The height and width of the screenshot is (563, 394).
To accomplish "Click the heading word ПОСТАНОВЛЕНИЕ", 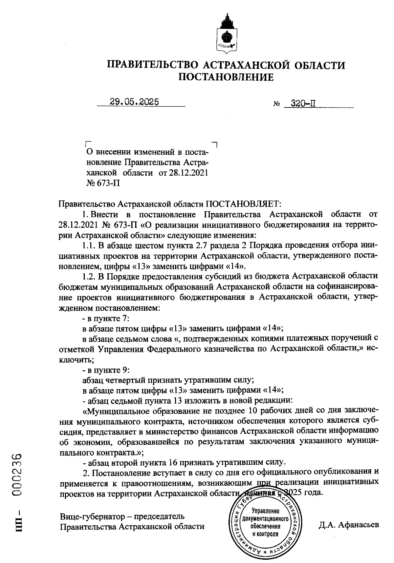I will pyautogui.click(x=226, y=77).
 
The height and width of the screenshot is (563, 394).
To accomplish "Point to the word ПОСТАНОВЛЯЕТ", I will pyautogui.click(x=243, y=204).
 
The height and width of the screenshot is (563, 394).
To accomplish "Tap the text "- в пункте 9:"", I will pyautogui.click(x=106, y=370).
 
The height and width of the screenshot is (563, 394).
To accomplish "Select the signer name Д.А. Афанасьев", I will pyautogui.click(x=348, y=524).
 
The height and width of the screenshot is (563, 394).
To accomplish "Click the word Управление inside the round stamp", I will pyautogui.click(x=265, y=511).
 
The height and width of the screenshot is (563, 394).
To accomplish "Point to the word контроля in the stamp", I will pyautogui.click(x=265, y=534).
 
